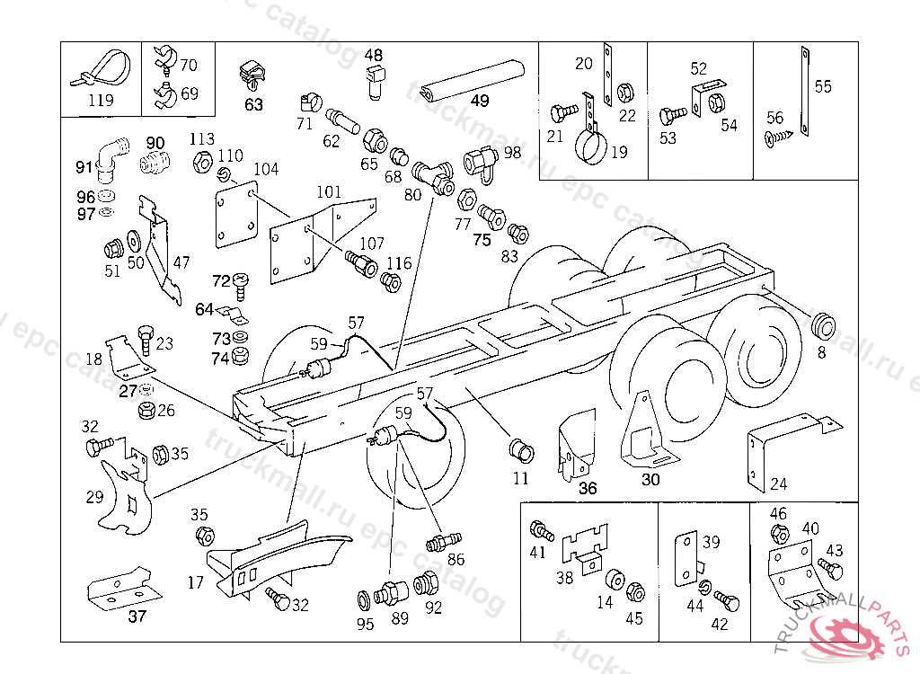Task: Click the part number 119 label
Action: pyautogui.click(x=101, y=100)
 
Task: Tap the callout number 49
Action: pyautogui.click(x=479, y=101)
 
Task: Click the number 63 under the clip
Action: pyautogui.click(x=254, y=104)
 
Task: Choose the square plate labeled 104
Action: pyautogui.click(x=237, y=214)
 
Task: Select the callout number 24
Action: pyautogui.click(x=778, y=483)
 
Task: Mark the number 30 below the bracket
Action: pyautogui.click(x=650, y=479)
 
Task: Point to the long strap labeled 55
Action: pyautogui.click(x=802, y=90)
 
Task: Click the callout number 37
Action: pyautogui.click(x=137, y=616)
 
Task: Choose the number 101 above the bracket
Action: pyautogui.click(x=329, y=191)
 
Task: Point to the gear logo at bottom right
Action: pyautogui.click(x=848, y=633)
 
